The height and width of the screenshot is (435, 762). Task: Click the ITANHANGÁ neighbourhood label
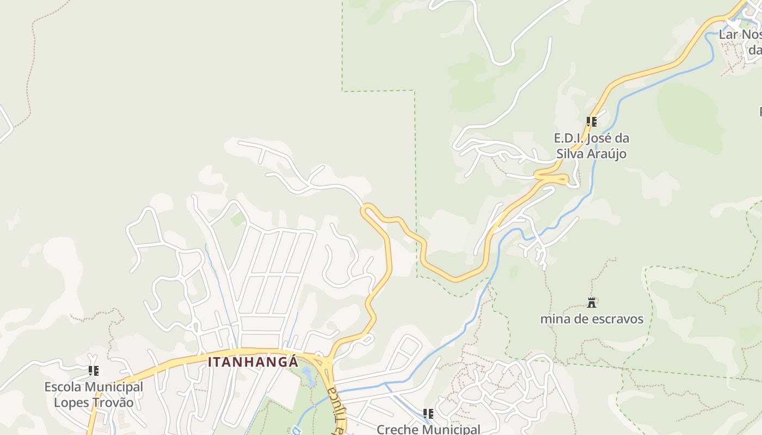pos(253,362)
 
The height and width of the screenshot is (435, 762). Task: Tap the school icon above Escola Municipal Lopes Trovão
pos(94,371)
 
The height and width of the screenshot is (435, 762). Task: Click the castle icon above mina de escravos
pos(592,303)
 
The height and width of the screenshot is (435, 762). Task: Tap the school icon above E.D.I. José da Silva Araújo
pos(592,122)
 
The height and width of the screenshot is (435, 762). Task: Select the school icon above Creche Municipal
pos(428,414)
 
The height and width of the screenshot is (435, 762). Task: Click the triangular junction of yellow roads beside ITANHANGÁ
pos(325,363)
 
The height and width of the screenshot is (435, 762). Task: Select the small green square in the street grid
pos(237,219)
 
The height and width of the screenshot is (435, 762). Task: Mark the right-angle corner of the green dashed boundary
pos(415,91)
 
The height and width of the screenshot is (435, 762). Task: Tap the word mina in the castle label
pos(554,319)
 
